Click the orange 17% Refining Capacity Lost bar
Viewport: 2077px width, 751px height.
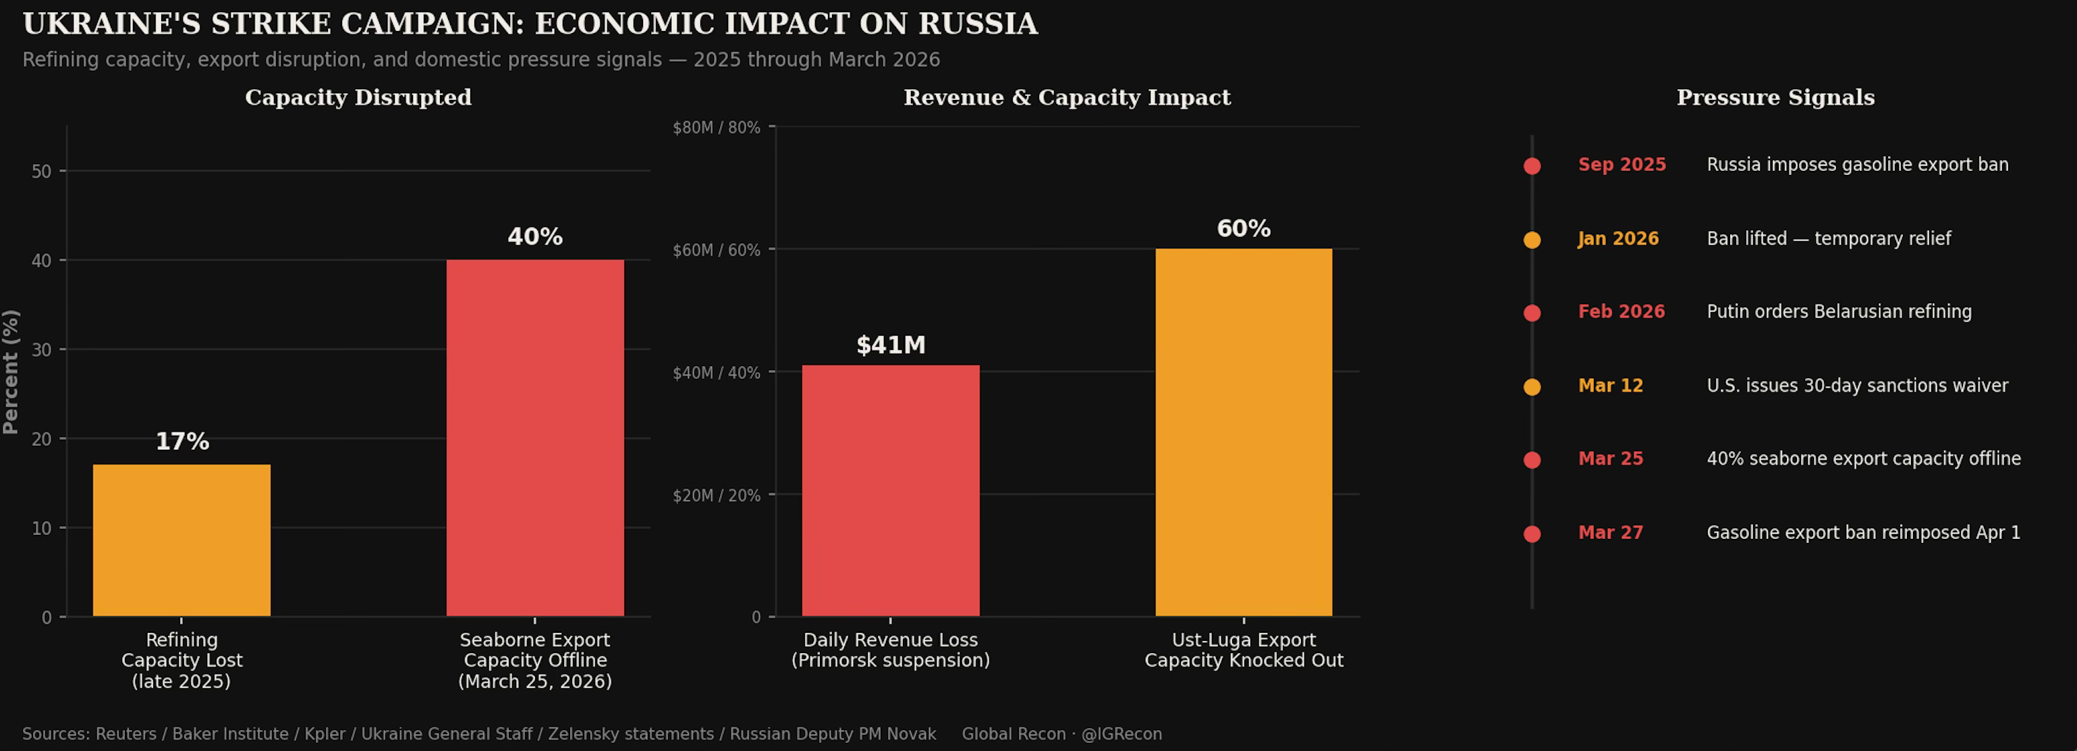pyautogui.click(x=182, y=540)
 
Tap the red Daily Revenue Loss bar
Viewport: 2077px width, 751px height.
pyautogui.click(x=890, y=490)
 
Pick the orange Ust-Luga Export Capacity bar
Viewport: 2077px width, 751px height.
pyautogui.click(x=1243, y=432)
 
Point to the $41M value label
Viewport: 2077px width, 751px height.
pyautogui.click(x=890, y=345)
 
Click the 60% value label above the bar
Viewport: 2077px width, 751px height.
pyautogui.click(x=1243, y=229)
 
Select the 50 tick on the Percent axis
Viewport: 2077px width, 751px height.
pyautogui.click(x=41, y=171)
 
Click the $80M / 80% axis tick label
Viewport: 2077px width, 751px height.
pyautogui.click(x=716, y=128)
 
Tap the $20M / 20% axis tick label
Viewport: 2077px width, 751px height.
pyautogui.click(x=716, y=495)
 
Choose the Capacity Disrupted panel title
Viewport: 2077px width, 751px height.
pyautogui.click(x=358, y=98)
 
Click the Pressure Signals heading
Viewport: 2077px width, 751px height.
pyautogui.click(x=1775, y=98)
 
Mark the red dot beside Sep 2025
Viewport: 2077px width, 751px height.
pyautogui.click(x=1532, y=166)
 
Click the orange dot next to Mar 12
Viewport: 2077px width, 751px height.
pyautogui.click(x=1532, y=387)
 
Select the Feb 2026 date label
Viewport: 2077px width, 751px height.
pyautogui.click(x=1621, y=312)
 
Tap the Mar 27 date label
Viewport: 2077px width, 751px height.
pyautogui.click(x=1610, y=532)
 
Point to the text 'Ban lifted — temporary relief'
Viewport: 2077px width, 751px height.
pyautogui.click(x=1829, y=239)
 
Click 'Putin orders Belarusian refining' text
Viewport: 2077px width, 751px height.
pyautogui.click(x=1839, y=312)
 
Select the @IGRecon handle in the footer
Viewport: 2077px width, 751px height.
pyautogui.click(x=1121, y=734)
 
